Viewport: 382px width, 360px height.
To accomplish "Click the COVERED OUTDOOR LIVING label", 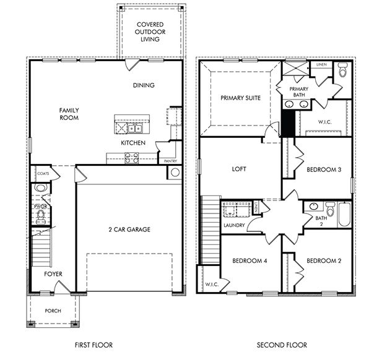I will click(150, 32).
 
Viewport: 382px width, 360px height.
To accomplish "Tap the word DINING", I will click(143, 85).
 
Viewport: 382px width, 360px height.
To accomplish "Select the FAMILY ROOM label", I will click(69, 114).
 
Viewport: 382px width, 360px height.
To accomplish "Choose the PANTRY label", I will click(171, 160).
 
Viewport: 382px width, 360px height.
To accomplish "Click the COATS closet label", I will click(43, 174).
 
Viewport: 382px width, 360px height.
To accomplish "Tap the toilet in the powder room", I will click(41, 215).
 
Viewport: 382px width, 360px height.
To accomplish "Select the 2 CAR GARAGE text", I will click(129, 229).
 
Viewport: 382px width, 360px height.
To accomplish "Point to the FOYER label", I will click(53, 273).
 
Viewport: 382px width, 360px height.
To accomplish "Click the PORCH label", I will click(53, 311).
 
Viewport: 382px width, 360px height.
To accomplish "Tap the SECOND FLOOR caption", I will click(275, 344).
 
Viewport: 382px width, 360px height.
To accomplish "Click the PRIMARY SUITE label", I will click(240, 98).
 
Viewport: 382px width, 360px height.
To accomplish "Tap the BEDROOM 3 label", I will click(324, 169).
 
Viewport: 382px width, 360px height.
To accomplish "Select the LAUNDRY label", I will click(235, 225).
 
